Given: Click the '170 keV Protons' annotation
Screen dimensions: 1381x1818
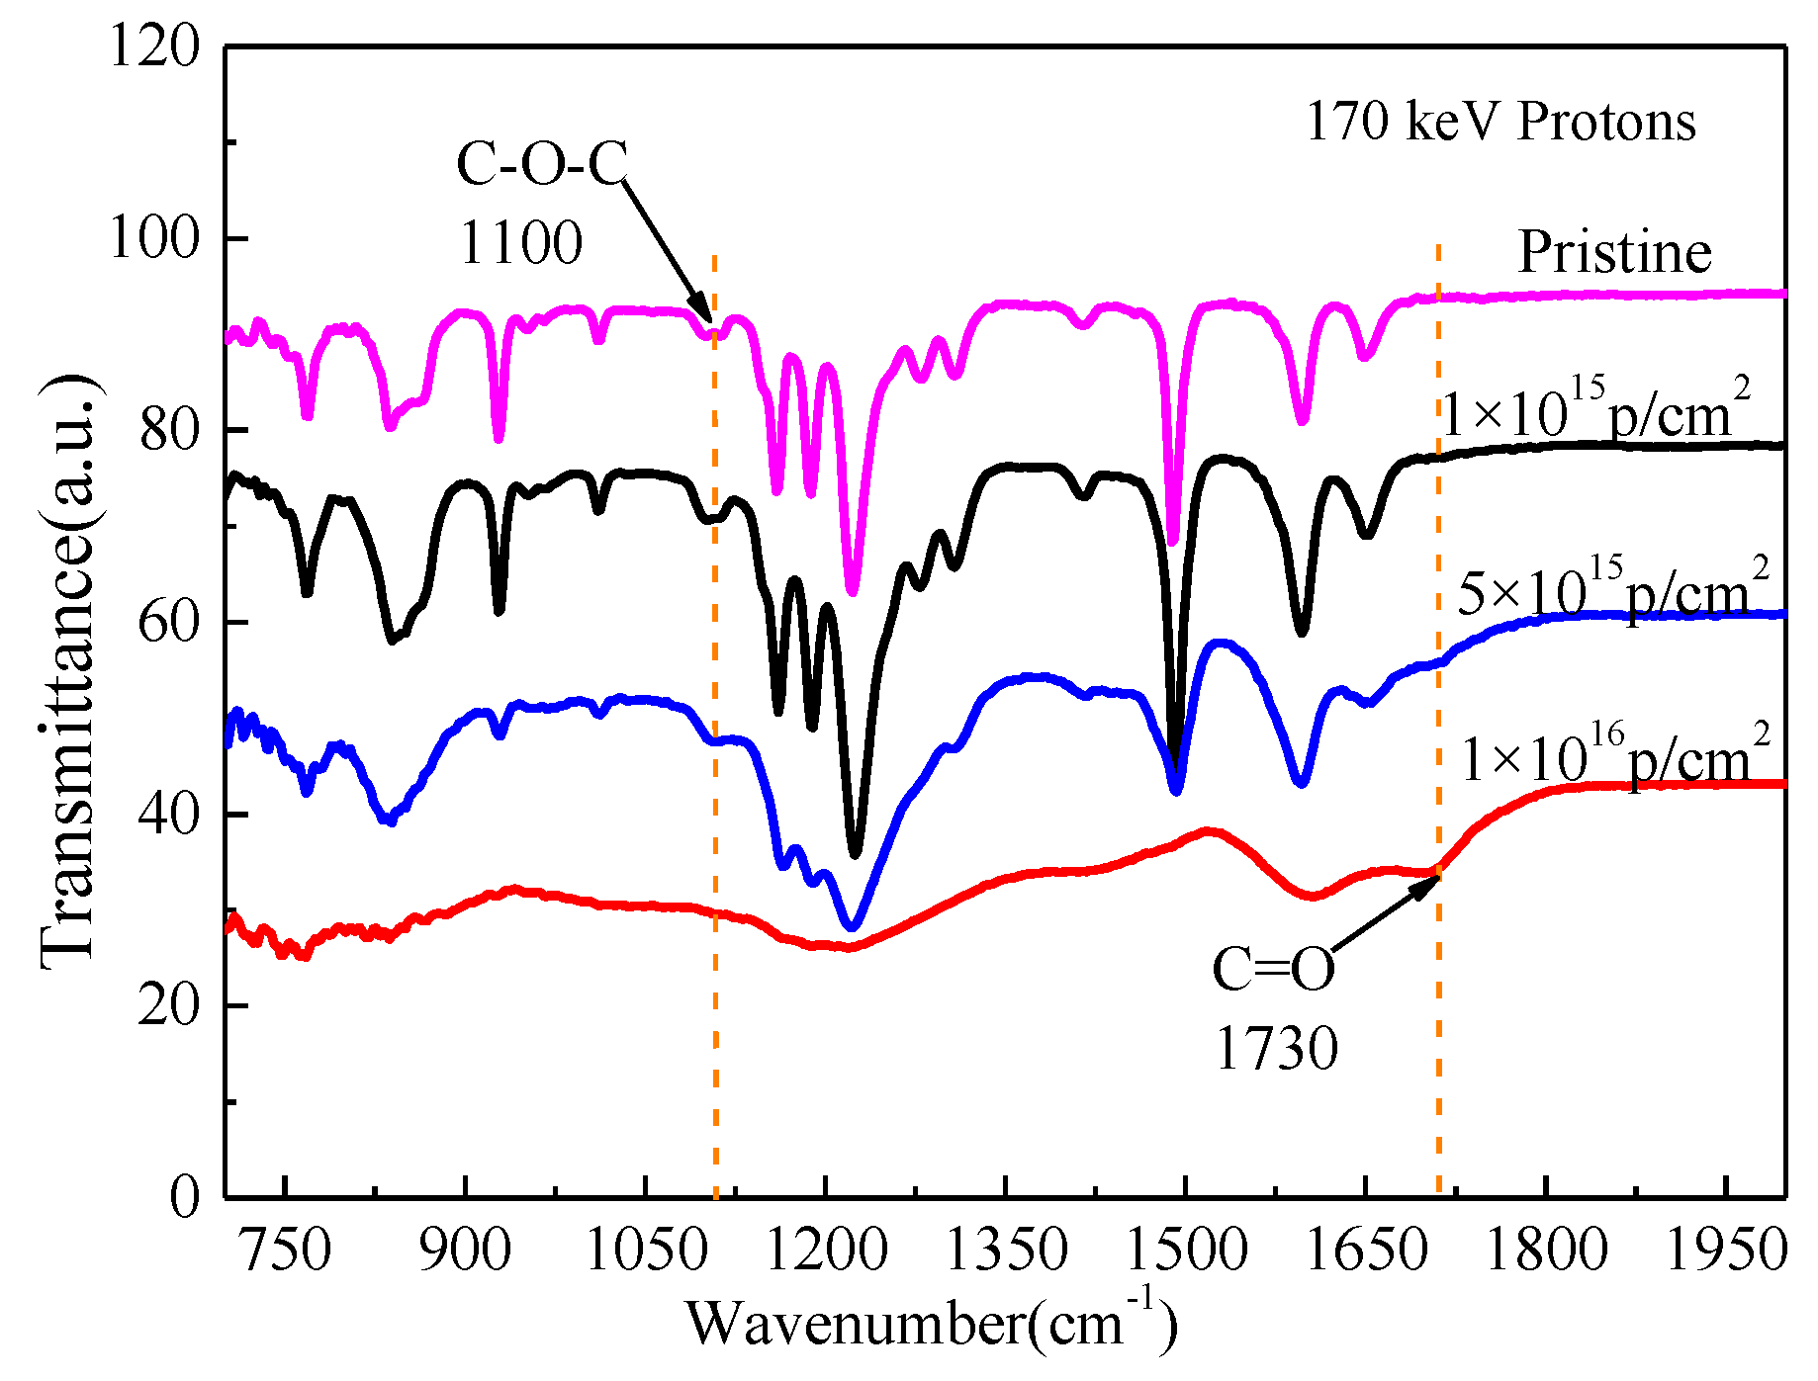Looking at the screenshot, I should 1500,123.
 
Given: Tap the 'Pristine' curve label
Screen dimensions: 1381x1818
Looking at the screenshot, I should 1614,252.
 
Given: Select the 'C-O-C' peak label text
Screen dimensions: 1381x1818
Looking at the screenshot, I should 542,163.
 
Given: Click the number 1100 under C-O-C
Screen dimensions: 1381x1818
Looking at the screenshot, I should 521,243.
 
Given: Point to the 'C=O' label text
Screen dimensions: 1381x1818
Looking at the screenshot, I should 1273,969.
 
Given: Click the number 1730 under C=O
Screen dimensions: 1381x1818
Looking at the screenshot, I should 1276,1049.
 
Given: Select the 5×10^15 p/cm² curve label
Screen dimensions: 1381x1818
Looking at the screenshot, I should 1612,590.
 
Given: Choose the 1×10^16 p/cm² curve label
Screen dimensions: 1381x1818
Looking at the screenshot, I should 1614,757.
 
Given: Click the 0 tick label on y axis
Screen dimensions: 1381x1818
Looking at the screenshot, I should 184,1197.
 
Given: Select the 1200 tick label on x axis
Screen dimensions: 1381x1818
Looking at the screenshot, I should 827,1251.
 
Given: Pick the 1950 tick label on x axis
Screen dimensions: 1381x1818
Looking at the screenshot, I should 1727,1251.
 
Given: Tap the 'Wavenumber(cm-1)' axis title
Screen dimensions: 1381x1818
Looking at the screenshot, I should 931,1323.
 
